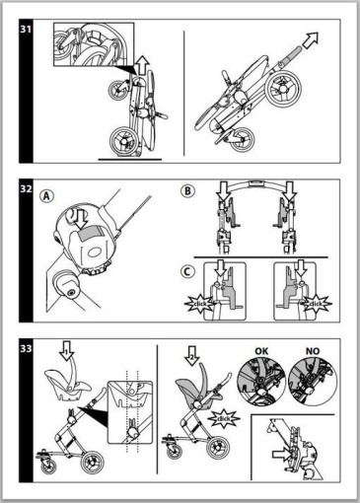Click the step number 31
pyautogui.click(x=26, y=29)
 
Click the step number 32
pyautogui.click(x=26, y=188)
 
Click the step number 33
pyautogui.click(x=26, y=348)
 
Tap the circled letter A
pyautogui.click(x=46, y=196)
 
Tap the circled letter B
pyautogui.click(x=187, y=191)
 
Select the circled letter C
pyautogui.click(x=187, y=272)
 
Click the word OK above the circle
pyautogui.click(x=261, y=351)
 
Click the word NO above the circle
pyautogui.click(x=313, y=351)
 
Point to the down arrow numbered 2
pyautogui.click(x=192, y=356)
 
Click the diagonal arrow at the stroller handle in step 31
pyautogui.click(x=310, y=40)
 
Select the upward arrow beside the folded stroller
pyautogui.click(x=142, y=64)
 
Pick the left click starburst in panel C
pyautogui.click(x=198, y=304)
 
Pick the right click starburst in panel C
pyautogui.click(x=316, y=304)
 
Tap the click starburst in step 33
pyautogui.click(x=224, y=419)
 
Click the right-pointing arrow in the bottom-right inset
pyautogui.click(x=282, y=455)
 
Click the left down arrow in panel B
pyautogui.click(x=224, y=192)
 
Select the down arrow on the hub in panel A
pyautogui.click(x=81, y=219)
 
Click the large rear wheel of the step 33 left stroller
pyautogui.click(x=93, y=463)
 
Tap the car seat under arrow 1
pyautogui.click(x=68, y=385)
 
